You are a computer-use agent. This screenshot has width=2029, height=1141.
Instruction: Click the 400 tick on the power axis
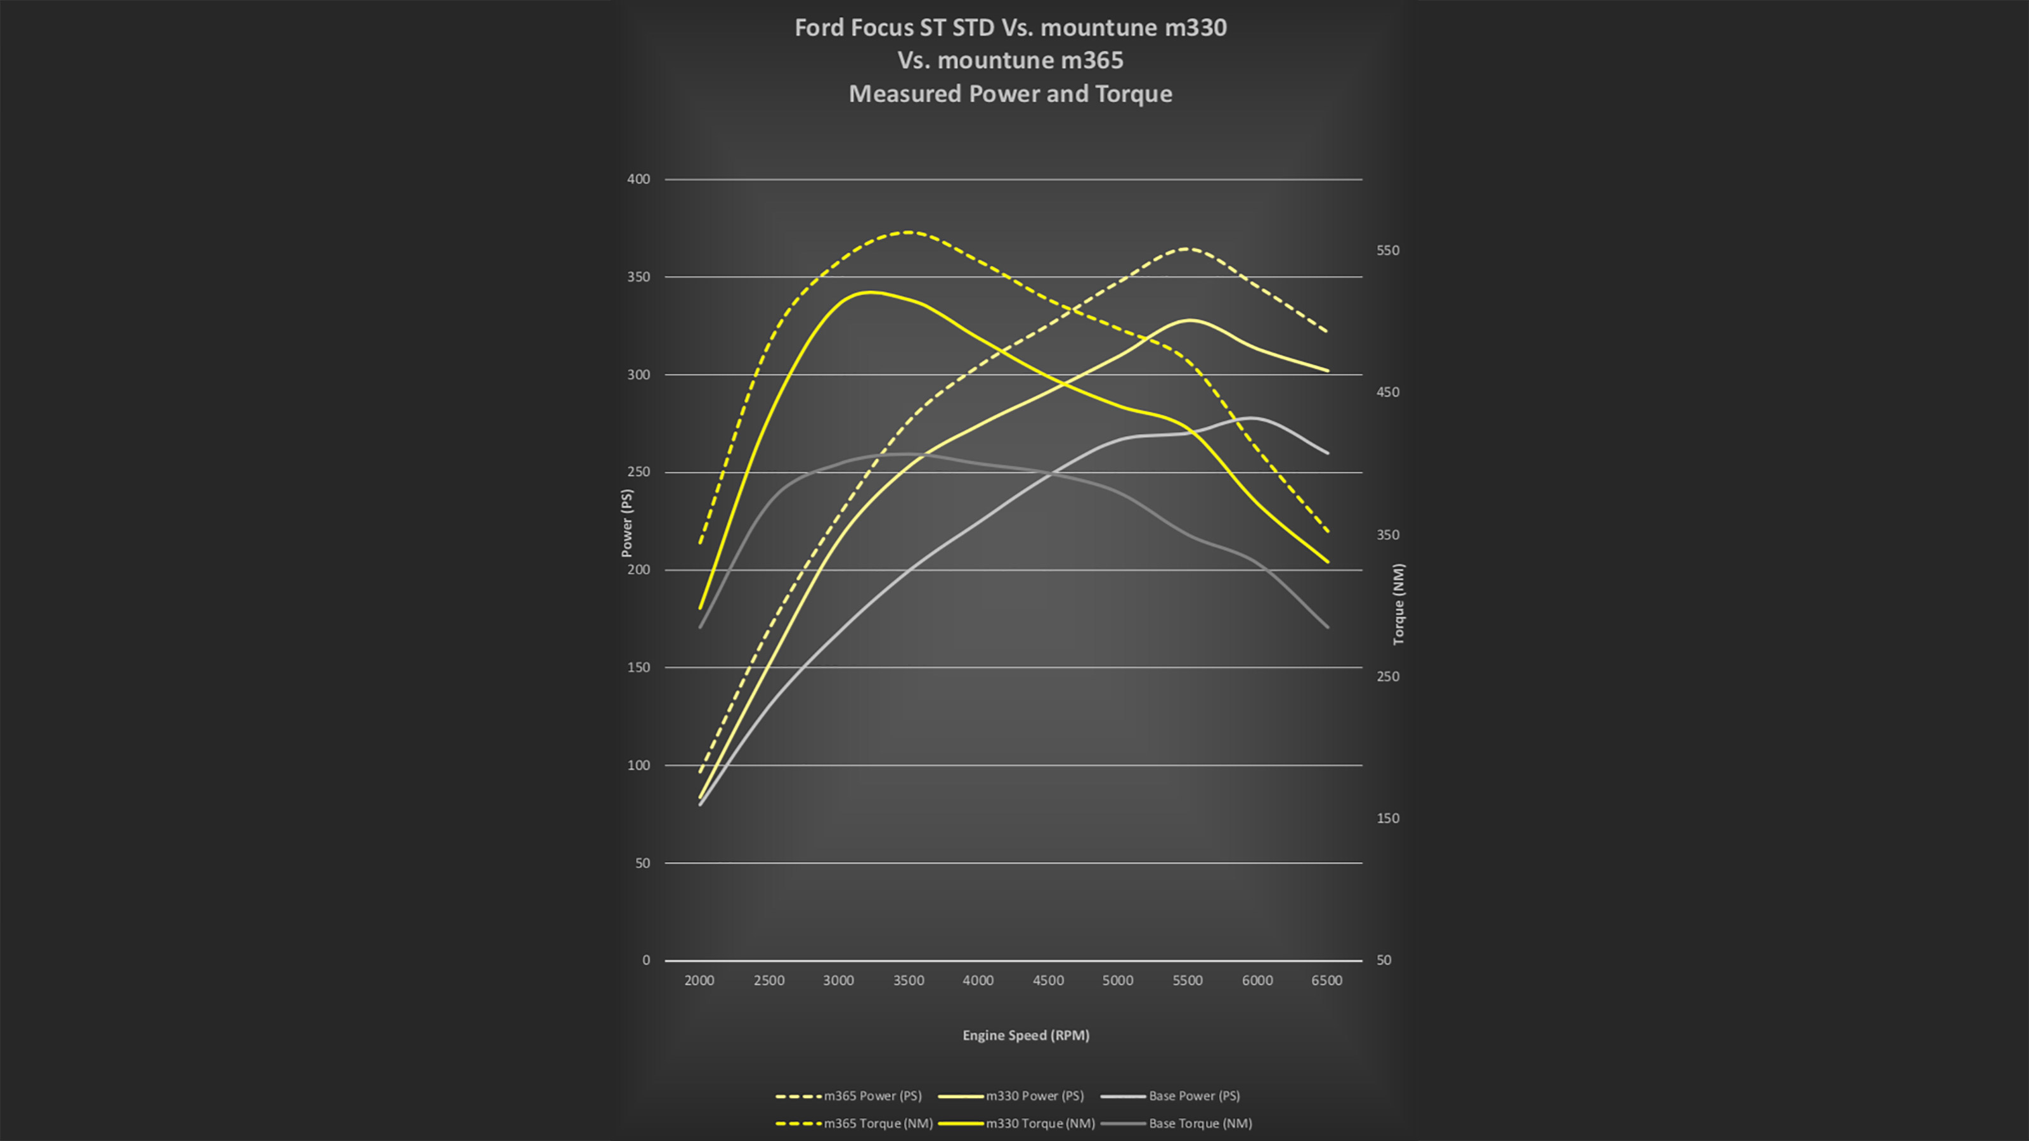638,179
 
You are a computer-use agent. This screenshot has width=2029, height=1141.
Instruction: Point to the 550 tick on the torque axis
1388,250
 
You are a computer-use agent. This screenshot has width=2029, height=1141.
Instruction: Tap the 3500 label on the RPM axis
908,981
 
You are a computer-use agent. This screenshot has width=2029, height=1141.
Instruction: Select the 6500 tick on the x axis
1326,981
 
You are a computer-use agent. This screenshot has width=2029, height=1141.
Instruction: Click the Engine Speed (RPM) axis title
1025,1036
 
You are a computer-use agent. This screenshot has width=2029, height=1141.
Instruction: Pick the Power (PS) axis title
627,523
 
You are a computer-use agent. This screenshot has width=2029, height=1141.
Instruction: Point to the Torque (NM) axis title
1398,604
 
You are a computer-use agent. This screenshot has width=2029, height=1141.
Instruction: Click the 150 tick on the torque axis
1388,818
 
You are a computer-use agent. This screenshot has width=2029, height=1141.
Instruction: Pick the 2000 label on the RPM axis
699,981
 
